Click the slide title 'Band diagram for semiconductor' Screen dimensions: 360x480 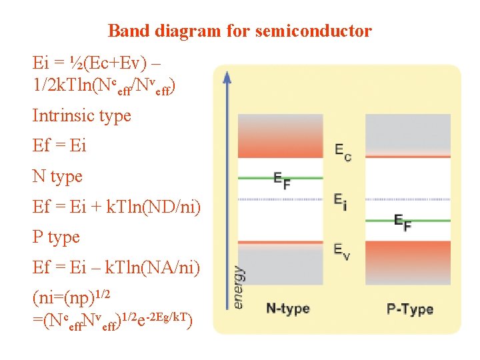click(x=239, y=31)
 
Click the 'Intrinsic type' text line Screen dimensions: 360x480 click(x=81, y=115)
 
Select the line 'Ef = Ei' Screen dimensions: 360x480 click(x=59, y=146)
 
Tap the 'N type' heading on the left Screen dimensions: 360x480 click(x=57, y=177)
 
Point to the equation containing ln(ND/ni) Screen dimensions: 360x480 click(x=116, y=207)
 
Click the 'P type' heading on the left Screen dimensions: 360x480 click(x=56, y=237)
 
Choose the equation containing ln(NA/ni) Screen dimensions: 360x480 click(x=116, y=268)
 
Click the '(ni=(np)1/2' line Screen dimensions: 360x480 click(x=71, y=295)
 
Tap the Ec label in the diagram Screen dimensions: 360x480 click(x=343, y=151)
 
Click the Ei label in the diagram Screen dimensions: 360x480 click(x=340, y=201)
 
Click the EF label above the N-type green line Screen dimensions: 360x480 click(x=282, y=181)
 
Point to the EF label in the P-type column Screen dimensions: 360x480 click(x=402, y=223)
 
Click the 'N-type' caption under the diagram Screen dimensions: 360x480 click(x=287, y=309)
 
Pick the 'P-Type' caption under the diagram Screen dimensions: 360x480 click(x=409, y=309)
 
